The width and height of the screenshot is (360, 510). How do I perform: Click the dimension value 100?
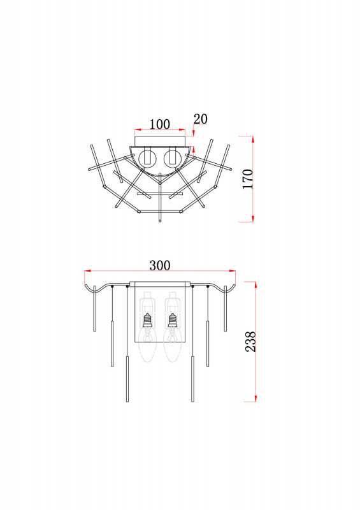coord(160,124)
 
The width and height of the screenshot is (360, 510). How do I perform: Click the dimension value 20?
coord(200,119)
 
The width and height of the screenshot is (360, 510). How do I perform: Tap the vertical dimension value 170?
coord(248,178)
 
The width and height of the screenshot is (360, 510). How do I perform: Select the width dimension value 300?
coord(160,265)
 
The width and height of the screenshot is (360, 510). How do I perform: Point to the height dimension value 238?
coord(250,342)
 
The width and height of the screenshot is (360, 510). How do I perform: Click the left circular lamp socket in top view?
coord(147,158)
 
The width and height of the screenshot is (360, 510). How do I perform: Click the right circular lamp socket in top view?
coord(173,158)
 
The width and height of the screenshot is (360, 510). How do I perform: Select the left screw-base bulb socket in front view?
coord(148,321)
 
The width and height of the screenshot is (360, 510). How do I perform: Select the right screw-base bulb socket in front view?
coord(173,321)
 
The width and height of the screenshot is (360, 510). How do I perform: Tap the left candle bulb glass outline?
coord(148,345)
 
